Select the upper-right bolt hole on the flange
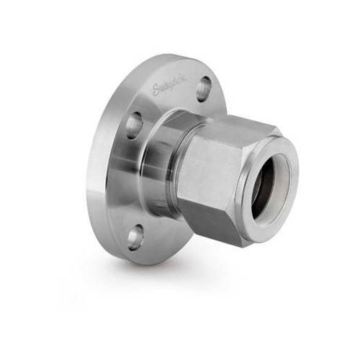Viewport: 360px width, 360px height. (204, 86)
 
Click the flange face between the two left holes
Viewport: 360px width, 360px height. (122, 180)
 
